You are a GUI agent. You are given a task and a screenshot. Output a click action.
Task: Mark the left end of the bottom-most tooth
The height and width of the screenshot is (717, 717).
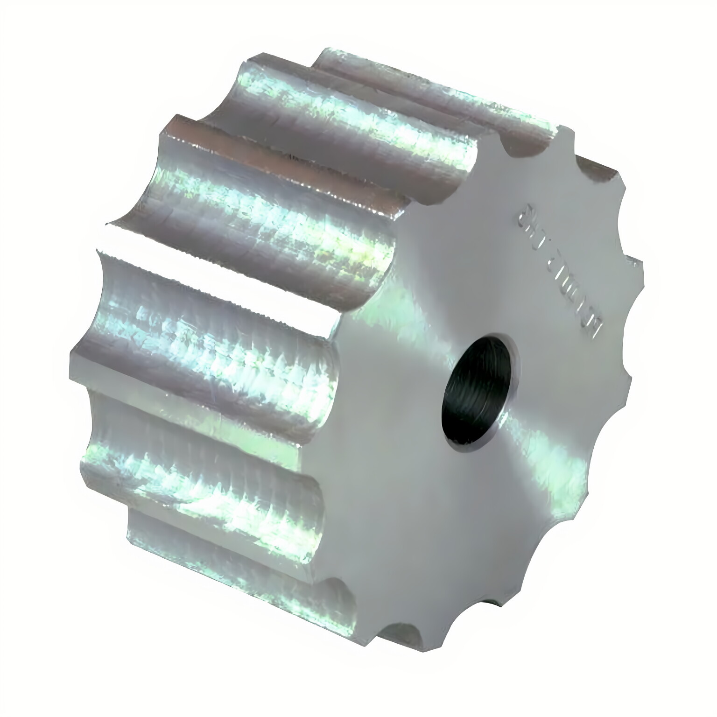tap(128, 527)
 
